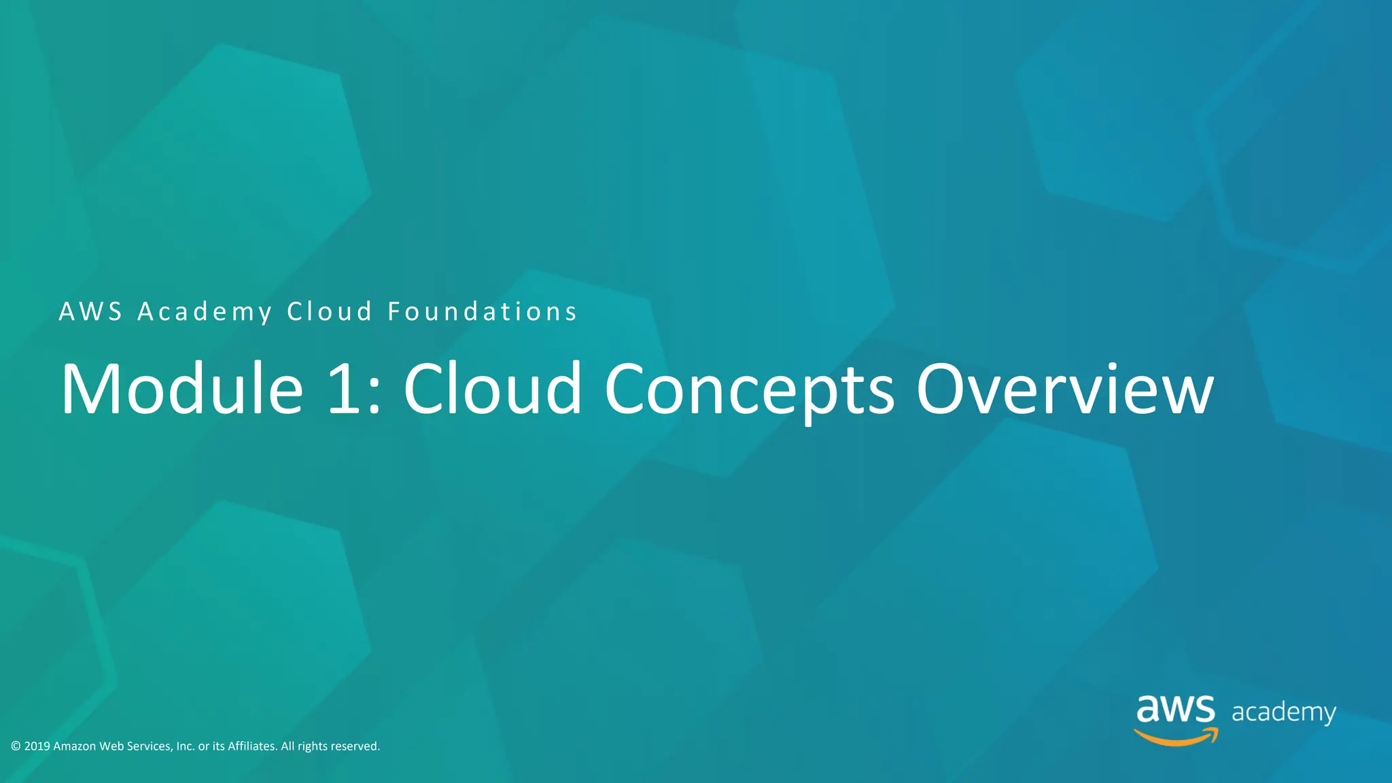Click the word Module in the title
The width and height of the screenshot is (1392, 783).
pyautogui.click(x=182, y=389)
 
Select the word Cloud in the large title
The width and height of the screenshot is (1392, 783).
pyautogui.click(x=493, y=389)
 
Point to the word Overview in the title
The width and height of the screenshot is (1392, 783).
pyautogui.click(x=1064, y=389)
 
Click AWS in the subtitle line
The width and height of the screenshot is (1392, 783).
pyautogui.click(x=90, y=312)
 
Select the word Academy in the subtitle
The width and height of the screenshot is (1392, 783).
pyautogui.click(x=205, y=312)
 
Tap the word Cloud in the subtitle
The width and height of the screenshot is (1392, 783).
pyautogui.click(x=330, y=312)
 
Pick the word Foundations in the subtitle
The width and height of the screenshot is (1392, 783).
pyautogui.click(x=482, y=312)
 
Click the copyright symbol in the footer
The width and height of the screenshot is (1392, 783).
pyautogui.click(x=16, y=746)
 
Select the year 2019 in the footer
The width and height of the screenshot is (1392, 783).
pyautogui.click(x=37, y=746)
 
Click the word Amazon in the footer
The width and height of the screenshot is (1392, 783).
pyautogui.click(x=74, y=746)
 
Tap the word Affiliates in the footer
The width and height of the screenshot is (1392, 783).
pyautogui.click(x=252, y=746)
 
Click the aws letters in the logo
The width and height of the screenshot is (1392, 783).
pyautogui.click(x=1175, y=710)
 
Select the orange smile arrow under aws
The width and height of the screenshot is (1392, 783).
pyautogui.click(x=1177, y=737)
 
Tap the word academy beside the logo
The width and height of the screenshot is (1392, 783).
pyautogui.click(x=1283, y=712)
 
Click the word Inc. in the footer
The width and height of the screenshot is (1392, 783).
pyautogui.click(x=186, y=746)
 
